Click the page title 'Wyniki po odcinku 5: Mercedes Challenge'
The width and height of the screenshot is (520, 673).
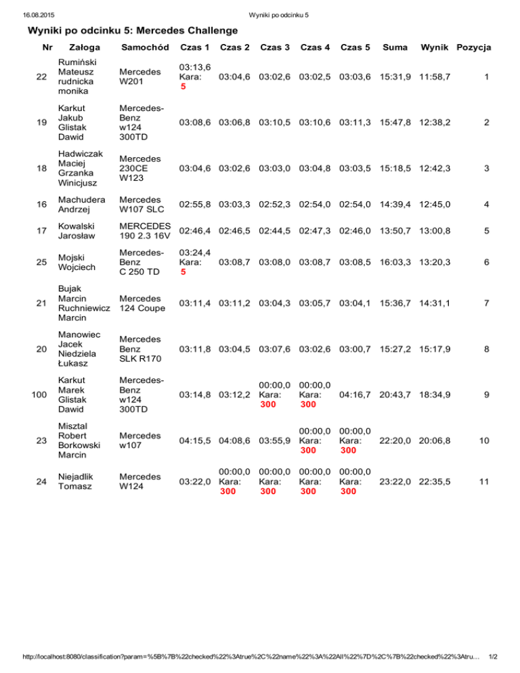pyautogui.click(x=133, y=30)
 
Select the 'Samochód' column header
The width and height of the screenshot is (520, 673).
pyautogui.click(x=144, y=47)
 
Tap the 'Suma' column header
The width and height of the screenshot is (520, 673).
pyautogui.click(x=395, y=47)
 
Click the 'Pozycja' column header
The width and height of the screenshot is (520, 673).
pyautogui.click(x=474, y=47)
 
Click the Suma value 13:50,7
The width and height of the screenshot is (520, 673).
pyautogui.click(x=394, y=230)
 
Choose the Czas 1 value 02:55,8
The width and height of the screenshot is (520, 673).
pyautogui.click(x=194, y=204)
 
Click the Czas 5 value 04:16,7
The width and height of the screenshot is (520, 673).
pyautogui.click(x=355, y=393)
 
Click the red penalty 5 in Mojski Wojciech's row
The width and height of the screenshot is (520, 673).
pyautogui.click(x=183, y=273)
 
